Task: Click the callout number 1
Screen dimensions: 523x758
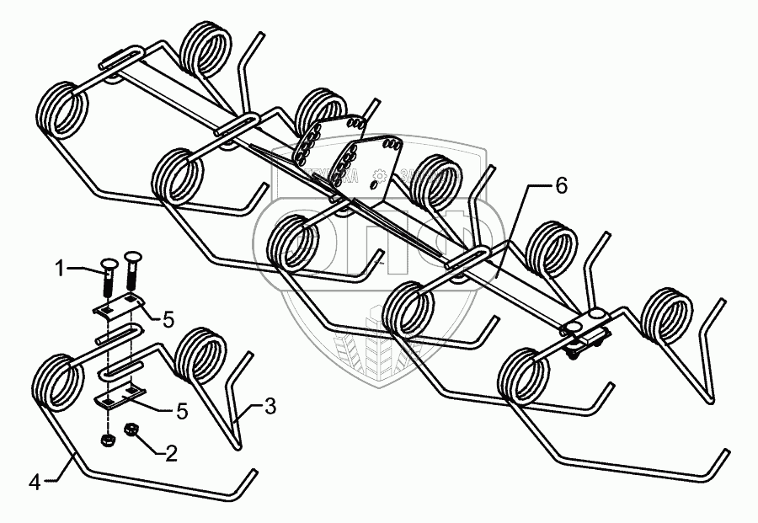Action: [60, 270]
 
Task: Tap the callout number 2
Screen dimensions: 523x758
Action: [171, 455]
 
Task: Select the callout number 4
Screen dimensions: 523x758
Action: [35, 483]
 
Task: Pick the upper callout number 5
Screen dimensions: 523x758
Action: [168, 320]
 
